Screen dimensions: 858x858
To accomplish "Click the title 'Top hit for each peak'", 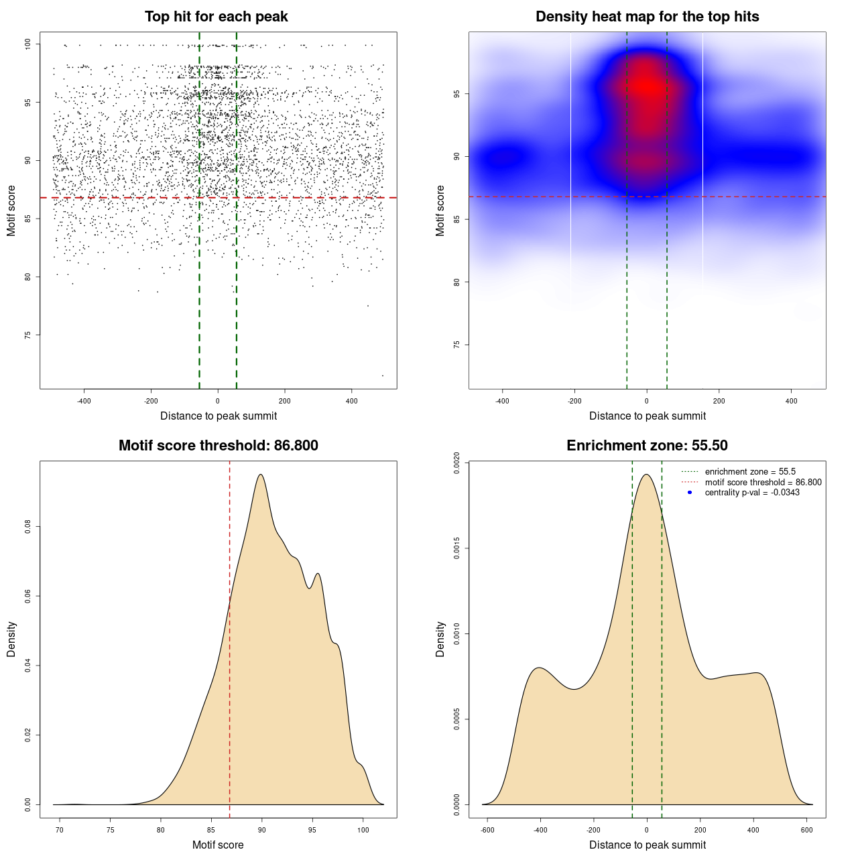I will [x=217, y=17].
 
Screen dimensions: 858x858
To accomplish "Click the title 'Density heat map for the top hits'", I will [x=647, y=17].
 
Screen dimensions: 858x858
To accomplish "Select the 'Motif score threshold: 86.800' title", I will [x=218, y=446].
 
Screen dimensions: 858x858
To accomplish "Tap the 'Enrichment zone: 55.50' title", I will [x=647, y=446].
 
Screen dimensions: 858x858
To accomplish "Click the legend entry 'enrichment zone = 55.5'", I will [x=750, y=472].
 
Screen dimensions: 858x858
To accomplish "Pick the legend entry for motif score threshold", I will [x=763, y=483].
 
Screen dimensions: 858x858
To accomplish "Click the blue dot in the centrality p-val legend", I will [x=690, y=493].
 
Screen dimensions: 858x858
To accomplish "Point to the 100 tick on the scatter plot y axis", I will [x=28, y=44].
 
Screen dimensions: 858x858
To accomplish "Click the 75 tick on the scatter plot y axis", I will [x=28, y=335].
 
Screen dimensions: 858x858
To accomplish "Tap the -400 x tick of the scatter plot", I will [x=84, y=402].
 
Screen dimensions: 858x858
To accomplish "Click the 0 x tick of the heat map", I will [x=647, y=402].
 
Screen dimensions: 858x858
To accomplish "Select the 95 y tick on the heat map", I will [x=457, y=94].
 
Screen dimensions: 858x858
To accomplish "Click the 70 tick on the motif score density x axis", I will [x=60, y=831].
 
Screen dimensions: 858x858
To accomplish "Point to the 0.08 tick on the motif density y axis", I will [x=28, y=527].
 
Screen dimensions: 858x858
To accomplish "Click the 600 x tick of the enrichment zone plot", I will [x=807, y=831].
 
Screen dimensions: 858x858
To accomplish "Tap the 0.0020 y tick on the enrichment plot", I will [x=457, y=463].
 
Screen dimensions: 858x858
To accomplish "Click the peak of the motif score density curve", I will [x=261, y=475].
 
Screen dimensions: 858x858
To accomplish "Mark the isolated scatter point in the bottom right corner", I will [x=383, y=375].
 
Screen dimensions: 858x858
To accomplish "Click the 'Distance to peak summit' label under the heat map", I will [x=647, y=416].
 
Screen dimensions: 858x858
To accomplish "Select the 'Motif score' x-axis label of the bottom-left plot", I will [x=218, y=845].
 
